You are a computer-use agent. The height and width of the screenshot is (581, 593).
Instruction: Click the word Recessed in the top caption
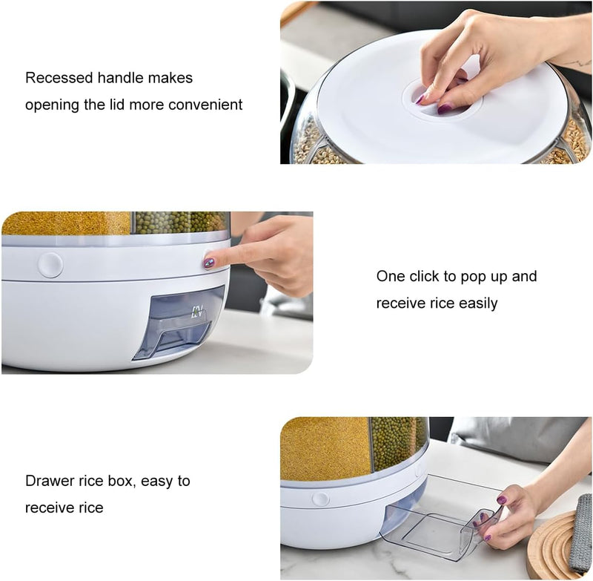tap(59, 78)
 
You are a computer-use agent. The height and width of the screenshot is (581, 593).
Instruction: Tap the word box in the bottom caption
tap(122, 481)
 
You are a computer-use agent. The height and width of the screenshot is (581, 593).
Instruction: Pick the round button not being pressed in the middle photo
tap(50, 265)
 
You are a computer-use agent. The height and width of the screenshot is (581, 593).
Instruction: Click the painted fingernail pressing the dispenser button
tap(209, 263)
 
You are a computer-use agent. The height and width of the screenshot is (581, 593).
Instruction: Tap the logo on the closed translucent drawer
tap(197, 312)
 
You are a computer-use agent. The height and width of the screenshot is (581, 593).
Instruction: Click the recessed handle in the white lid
tap(441, 100)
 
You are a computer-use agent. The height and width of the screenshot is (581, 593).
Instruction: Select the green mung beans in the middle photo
tap(180, 222)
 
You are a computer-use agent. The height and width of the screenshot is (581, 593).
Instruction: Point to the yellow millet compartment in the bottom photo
tap(325, 449)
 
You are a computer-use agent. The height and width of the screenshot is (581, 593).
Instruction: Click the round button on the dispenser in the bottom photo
tap(320, 499)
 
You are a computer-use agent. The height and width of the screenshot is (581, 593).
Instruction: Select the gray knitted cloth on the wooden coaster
tap(580, 534)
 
